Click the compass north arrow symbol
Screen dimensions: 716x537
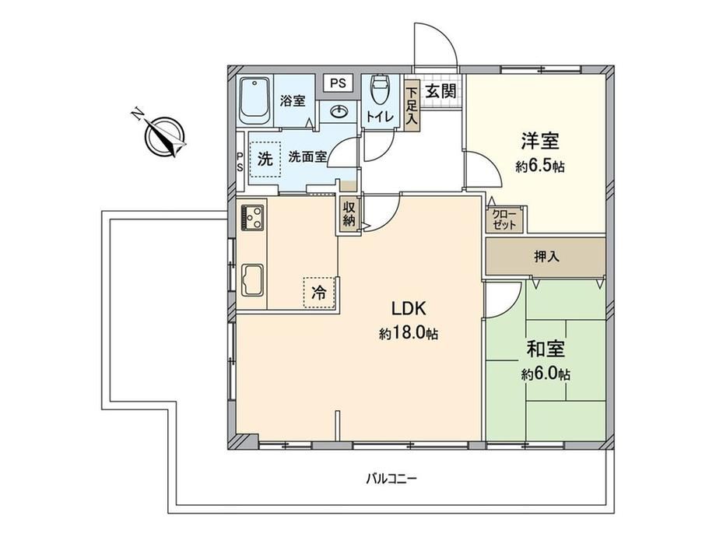[x=165, y=135]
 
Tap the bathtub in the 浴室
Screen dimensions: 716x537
[x=254, y=101]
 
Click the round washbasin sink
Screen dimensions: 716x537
[x=339, y=112]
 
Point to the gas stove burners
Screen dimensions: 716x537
[x=252, y=218]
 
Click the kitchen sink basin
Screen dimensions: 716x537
[x=252, y=280]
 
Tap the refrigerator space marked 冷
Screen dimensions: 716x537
[x=320, y=293]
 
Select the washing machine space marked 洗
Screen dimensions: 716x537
[x=265, y=159]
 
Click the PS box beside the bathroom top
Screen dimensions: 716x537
[x=339, y=83]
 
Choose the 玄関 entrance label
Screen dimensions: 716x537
[x=440, y=91]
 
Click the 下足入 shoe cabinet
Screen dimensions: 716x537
[x=412, y=107]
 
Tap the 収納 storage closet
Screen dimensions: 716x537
[x=349, y=214]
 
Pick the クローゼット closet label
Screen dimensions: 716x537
[x=504, y=219]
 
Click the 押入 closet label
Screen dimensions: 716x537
[x=546, y=257]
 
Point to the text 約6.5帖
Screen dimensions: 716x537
[x=540, y=167]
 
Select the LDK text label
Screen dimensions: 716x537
[x=409, y=309]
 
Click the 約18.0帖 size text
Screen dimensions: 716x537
[x=409, y=334]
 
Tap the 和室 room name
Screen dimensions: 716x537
[x=546, y=349]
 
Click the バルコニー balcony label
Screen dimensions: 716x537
[x=391, y=479]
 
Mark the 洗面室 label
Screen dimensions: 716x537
[x=307, y=157]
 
